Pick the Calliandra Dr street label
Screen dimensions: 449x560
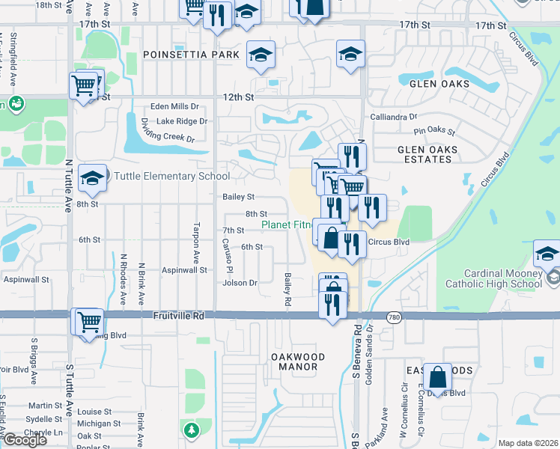click(394, 117)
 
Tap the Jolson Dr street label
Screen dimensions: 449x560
click(240, 283)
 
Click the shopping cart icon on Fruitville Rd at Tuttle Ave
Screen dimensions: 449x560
click(88, 322)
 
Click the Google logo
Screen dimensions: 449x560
click(25, 440)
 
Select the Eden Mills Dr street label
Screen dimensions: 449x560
click(174, 106)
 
